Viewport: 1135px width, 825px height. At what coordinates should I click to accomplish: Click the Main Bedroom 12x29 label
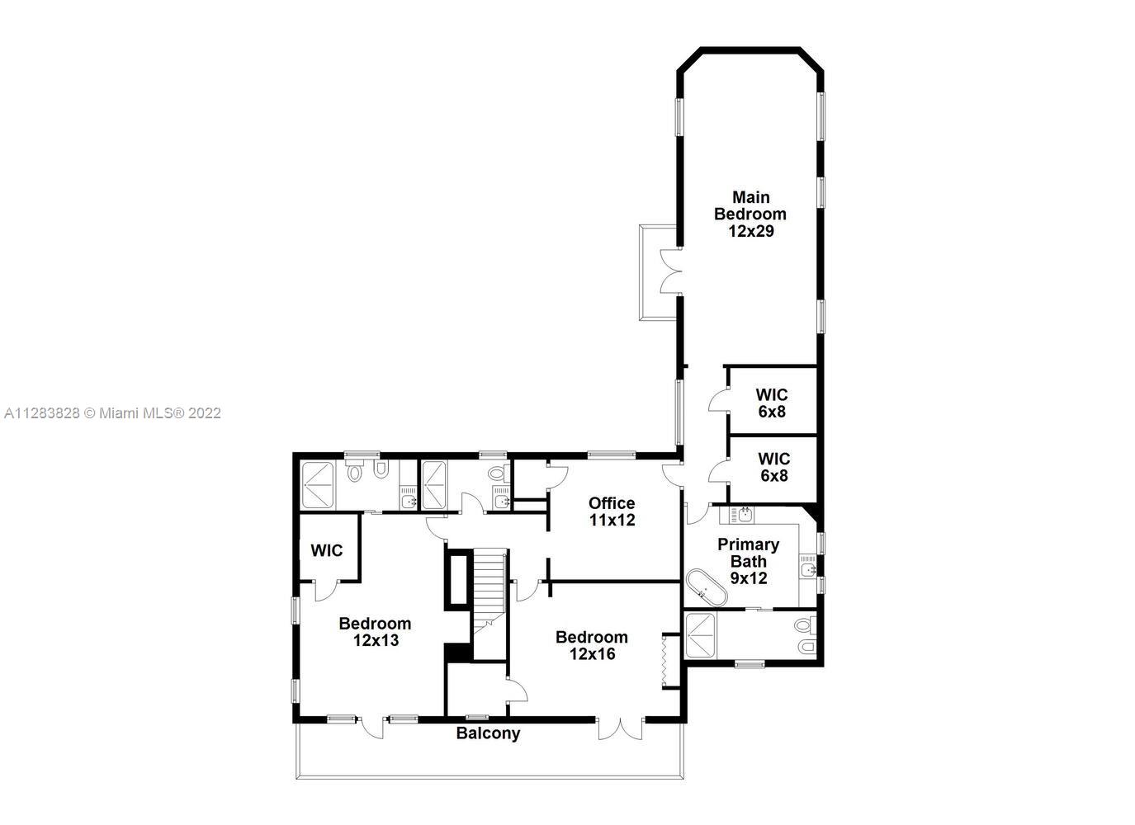750,214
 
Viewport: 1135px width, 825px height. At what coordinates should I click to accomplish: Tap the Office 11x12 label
612,511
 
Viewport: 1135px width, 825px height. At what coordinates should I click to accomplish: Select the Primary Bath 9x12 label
749,561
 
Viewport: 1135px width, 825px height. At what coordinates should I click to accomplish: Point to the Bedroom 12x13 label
375,632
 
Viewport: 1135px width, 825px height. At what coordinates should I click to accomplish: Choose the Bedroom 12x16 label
592,645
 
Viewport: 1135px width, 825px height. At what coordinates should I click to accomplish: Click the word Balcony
488,734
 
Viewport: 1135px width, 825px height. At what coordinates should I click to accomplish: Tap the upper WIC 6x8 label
772,403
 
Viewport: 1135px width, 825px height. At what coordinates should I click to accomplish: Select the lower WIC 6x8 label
773,467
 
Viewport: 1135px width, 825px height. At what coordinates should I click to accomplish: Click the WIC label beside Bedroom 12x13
327,550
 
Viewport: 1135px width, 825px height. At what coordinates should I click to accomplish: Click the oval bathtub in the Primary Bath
707,588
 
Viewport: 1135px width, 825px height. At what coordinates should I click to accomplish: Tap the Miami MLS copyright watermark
112,414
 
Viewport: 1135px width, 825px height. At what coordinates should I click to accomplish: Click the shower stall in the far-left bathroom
318,486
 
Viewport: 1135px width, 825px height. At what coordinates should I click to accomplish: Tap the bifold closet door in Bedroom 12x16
664,660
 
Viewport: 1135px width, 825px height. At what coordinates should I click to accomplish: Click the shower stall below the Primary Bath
700,636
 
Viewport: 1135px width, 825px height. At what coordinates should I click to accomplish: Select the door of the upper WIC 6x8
718,400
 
